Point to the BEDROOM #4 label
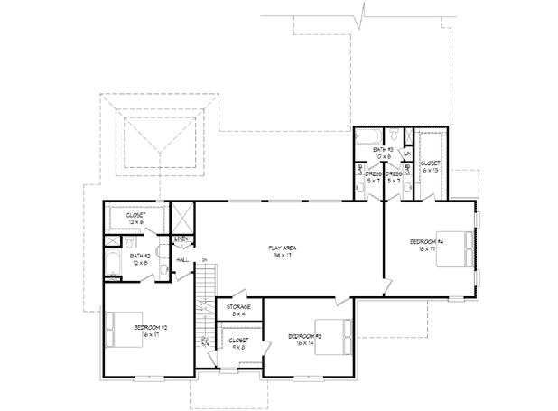coord(426,245)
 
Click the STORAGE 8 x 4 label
coord(239,311)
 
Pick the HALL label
coord(181,260)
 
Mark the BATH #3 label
coord(384,152)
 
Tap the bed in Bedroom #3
coord(330,332)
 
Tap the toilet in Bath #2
coord(133,244)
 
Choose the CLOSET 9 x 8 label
coord(238,342)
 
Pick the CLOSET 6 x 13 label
coord(429,165)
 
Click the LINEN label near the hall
coord(181,239)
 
